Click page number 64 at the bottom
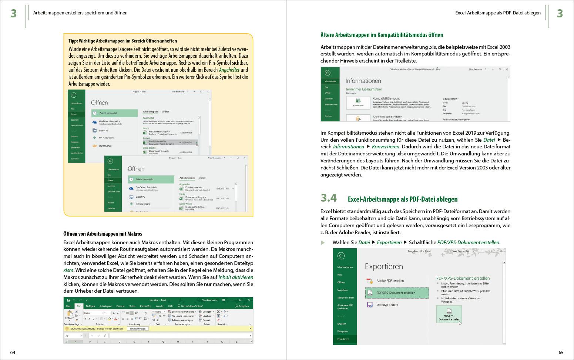click(13, 353)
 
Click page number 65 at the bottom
click(561, 353)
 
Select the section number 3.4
click(329, 198)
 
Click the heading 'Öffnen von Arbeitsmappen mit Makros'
click(103, 234)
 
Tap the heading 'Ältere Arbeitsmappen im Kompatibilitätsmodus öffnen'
click(382, 35)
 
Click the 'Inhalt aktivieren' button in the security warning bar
click(138, 329)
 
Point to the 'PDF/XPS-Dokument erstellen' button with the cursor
click(449, 314)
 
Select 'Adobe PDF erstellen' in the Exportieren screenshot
click(390, 280)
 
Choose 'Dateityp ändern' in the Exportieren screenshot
click(387, 305)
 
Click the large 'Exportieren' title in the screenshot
click(384, 266)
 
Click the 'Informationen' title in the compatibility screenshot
click(363, 81)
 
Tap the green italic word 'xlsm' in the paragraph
click(68, 270)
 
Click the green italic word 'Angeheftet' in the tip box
click(229, 70)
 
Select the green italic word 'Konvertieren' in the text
click(386, 147)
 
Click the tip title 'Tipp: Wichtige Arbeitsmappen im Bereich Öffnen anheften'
click(122, 41)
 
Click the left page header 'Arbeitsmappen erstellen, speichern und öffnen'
click(80, 13)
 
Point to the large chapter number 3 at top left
click(14, 14)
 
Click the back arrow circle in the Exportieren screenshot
click(341, 256)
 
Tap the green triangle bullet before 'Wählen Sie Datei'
click(323, 243)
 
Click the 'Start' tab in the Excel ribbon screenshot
click(79, 306)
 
